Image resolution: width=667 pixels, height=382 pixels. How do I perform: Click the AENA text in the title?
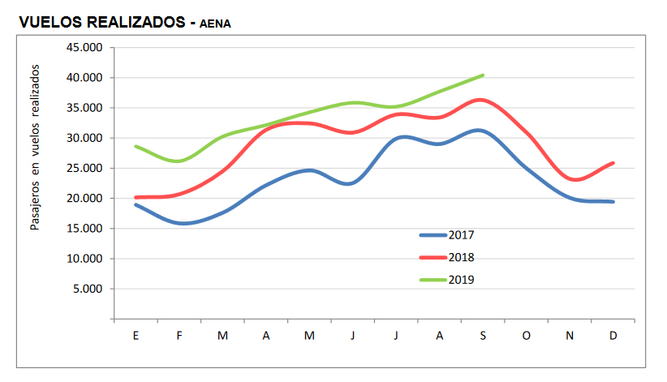[215, 24]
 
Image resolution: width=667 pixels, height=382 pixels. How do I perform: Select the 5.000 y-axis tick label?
[90, 289]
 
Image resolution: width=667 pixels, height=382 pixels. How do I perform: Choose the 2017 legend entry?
[459, 235]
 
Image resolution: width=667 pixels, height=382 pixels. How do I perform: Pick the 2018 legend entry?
[459, 257]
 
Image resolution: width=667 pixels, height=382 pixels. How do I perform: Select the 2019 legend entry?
[459, 280]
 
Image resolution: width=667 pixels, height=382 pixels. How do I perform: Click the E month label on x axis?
[136, 335]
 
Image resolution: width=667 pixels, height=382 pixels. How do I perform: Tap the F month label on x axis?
[179, 335]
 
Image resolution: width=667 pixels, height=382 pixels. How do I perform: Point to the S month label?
[483, 335]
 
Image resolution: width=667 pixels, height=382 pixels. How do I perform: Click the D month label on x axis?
[613, 335]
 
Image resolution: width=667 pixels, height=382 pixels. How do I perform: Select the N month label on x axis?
[570, 335]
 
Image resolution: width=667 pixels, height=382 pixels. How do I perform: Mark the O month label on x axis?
[526, 335]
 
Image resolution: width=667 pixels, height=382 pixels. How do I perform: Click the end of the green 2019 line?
[483, 75]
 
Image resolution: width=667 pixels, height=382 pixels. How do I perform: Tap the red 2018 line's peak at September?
[482, 100]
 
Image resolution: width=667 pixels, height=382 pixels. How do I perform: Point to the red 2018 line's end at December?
[613, 163]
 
